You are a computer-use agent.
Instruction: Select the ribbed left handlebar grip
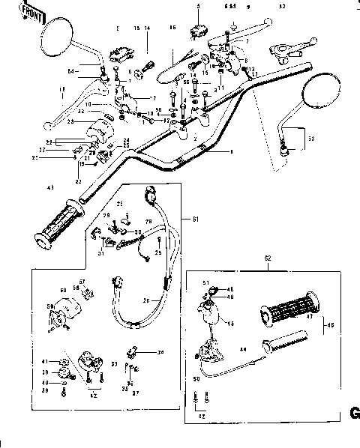coord(59,223)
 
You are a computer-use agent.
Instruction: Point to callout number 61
coord(196,219)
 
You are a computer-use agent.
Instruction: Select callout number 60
coord(63,289)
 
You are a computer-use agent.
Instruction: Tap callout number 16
coord(172,28)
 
